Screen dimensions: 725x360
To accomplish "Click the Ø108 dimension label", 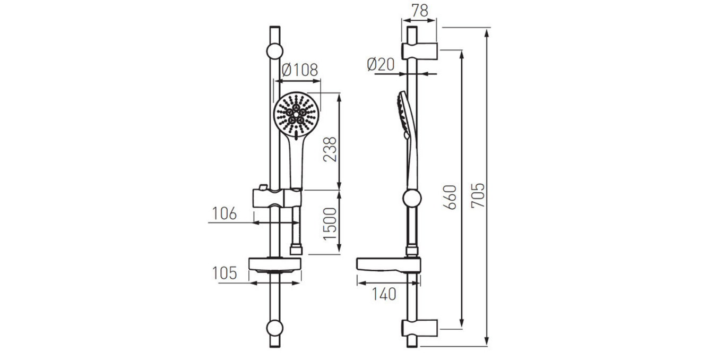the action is click(x=300, y=70).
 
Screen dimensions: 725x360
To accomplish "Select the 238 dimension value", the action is click(x=330, y=149).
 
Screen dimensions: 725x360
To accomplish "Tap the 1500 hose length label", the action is click(x=330, y=224).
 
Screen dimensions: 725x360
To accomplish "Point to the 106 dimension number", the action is click(x=225, y=213).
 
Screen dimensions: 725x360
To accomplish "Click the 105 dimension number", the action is click(x=225, y=273).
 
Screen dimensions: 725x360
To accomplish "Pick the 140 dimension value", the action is click(x=384, y=294).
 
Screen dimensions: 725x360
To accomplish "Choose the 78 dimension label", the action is click(x=420, y=11).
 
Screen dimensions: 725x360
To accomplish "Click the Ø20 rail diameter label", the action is click(x=381, y=64).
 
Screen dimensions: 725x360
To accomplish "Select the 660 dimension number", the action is click(x=450, y=197).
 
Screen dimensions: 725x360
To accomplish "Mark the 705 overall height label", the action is click(x=478, y=195).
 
